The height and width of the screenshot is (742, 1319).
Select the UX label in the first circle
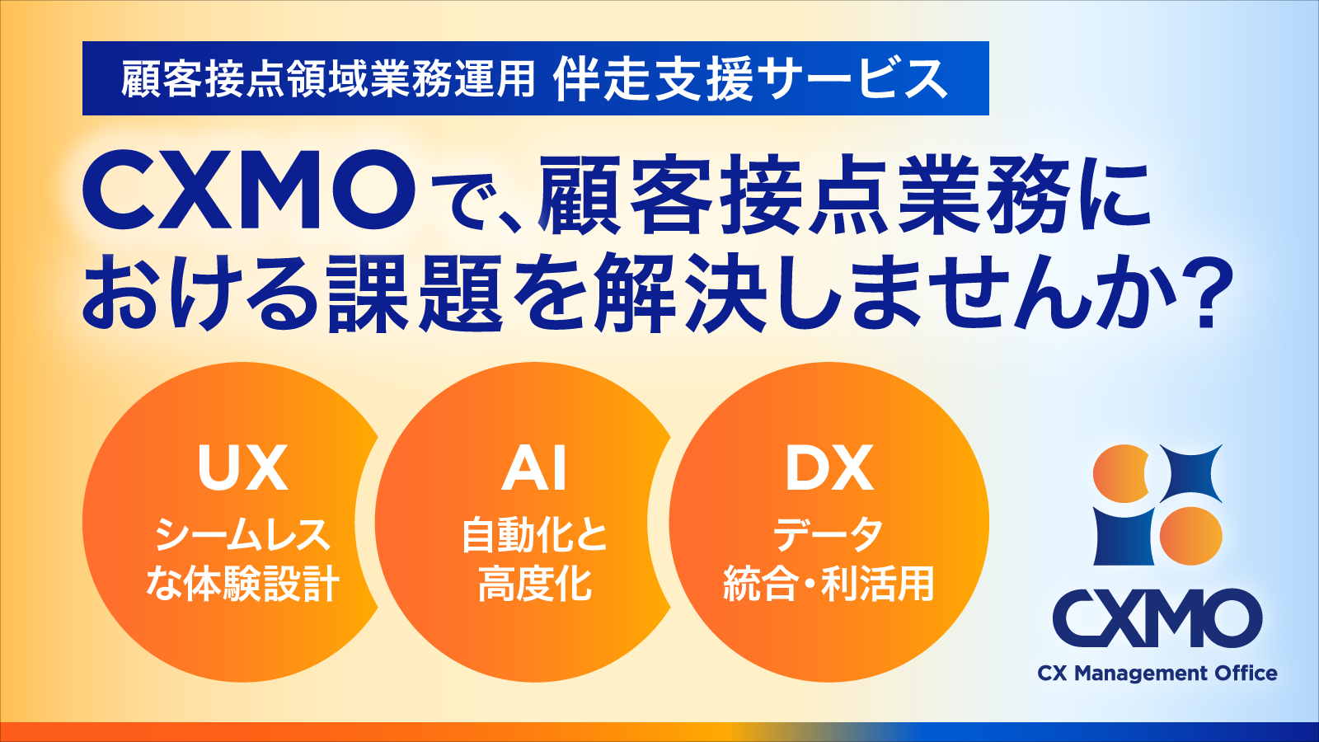click(x=242, y=468)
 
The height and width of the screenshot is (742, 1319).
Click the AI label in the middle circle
click(x=535, y=468)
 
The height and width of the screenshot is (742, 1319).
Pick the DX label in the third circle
click(x=828, y=468)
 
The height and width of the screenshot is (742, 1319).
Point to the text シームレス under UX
click(x=242, y=534)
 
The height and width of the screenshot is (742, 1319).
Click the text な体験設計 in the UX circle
click(x=242, y=584)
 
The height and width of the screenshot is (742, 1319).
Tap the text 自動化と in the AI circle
click(x=535, y=534)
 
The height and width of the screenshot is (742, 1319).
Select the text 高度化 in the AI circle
click(x=535, y=584)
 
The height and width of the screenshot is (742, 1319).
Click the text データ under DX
click(x=828, y=534)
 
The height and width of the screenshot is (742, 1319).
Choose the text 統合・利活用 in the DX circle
click(x=828, y=584)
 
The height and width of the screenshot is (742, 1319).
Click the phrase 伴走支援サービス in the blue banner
click(x=750, y=79)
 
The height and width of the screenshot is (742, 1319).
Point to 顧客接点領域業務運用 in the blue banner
click(x=328, y=79)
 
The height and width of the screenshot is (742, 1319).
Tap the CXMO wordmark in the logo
click(x=1157, y=618)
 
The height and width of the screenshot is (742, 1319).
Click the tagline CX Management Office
click(x=1157, y=674)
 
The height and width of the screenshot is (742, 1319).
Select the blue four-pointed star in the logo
click(x=1190, y=474)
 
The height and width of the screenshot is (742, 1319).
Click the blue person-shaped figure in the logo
click(x=1122, y=535)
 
